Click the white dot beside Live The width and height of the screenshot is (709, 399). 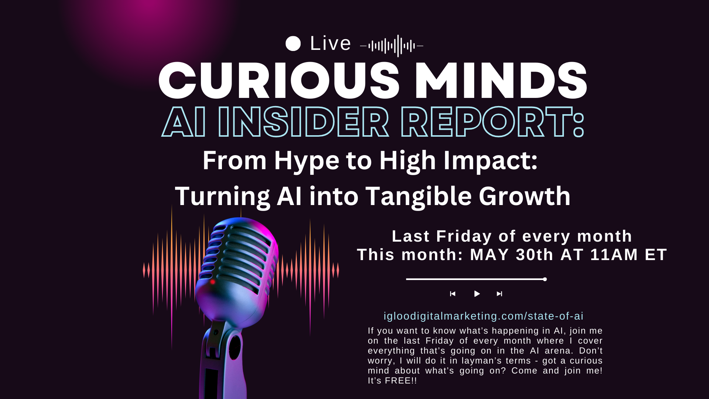pos(293,44)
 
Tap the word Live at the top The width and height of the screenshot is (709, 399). pos(330,44)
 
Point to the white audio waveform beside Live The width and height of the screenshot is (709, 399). pos(391,46)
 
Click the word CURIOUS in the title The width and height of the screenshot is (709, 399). pos(279,81)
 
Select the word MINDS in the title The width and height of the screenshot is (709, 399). pos(501,81)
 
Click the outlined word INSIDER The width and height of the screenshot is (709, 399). pos(303,122)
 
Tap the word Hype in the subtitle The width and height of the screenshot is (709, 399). pos(306,161)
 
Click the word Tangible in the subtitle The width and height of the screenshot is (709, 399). pos(418,197)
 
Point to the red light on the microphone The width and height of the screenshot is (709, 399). pos(213,282)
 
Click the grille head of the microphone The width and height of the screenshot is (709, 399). pos(238,255)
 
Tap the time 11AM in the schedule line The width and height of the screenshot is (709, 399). pos(614,255)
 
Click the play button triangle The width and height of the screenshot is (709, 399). pos(477,294)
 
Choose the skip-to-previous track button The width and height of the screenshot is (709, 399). pos(453,294)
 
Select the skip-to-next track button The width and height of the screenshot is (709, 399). pos(499,294)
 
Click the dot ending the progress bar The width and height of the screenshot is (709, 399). pos(545,279)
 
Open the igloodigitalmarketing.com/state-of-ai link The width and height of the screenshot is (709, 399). pos(483,316)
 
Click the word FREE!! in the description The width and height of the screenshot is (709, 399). pos(401,381)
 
